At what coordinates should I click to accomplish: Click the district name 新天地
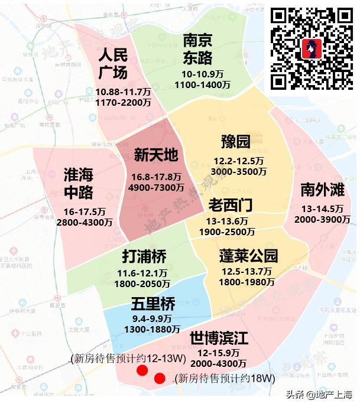tap(155, 155)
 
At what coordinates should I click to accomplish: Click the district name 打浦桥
tap(144, 256)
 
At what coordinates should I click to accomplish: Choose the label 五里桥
tap(153, 304)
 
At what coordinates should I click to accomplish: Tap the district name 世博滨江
tap(219, 338)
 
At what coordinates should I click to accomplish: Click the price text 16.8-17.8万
tap(155, 177)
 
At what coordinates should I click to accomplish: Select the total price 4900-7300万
tap(156, 187)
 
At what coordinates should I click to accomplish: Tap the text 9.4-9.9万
tap(153, 318)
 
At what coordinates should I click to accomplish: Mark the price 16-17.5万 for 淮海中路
tap(85, 211)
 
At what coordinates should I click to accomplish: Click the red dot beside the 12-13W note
tap(142, 370)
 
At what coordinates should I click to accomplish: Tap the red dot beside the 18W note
tap(160, 379)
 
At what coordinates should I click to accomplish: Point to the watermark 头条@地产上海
tap(319, 395)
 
